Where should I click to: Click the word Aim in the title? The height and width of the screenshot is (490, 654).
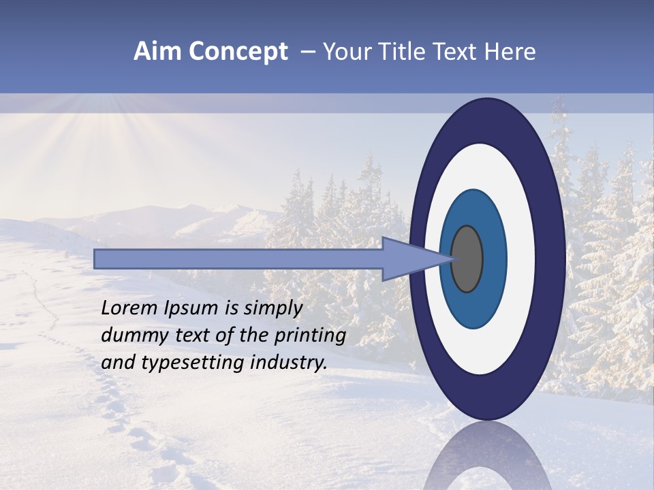pos(157,52)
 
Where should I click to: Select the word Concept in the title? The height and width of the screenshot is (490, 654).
pos(238,52)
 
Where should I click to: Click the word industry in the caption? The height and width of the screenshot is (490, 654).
pos(289,363)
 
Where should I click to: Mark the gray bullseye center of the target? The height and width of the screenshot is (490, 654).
pos(467,259)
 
